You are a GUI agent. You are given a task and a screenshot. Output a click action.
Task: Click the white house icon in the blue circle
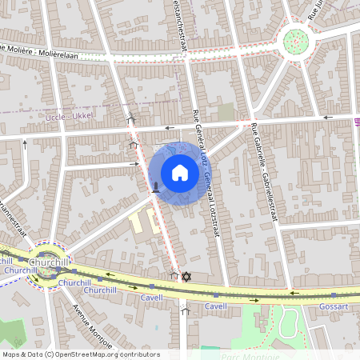tap(180, 172)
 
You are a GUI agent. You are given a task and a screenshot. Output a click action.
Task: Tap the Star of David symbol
tap(187, 277)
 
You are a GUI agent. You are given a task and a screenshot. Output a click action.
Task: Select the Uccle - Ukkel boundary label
tap(70, 116)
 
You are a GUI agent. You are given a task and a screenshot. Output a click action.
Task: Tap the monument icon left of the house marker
tap(155, 187)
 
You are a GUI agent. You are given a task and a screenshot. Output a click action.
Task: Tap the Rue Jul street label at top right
tap(321, 9)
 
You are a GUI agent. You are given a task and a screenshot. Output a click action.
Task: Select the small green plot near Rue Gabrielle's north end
tap(226, 111)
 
